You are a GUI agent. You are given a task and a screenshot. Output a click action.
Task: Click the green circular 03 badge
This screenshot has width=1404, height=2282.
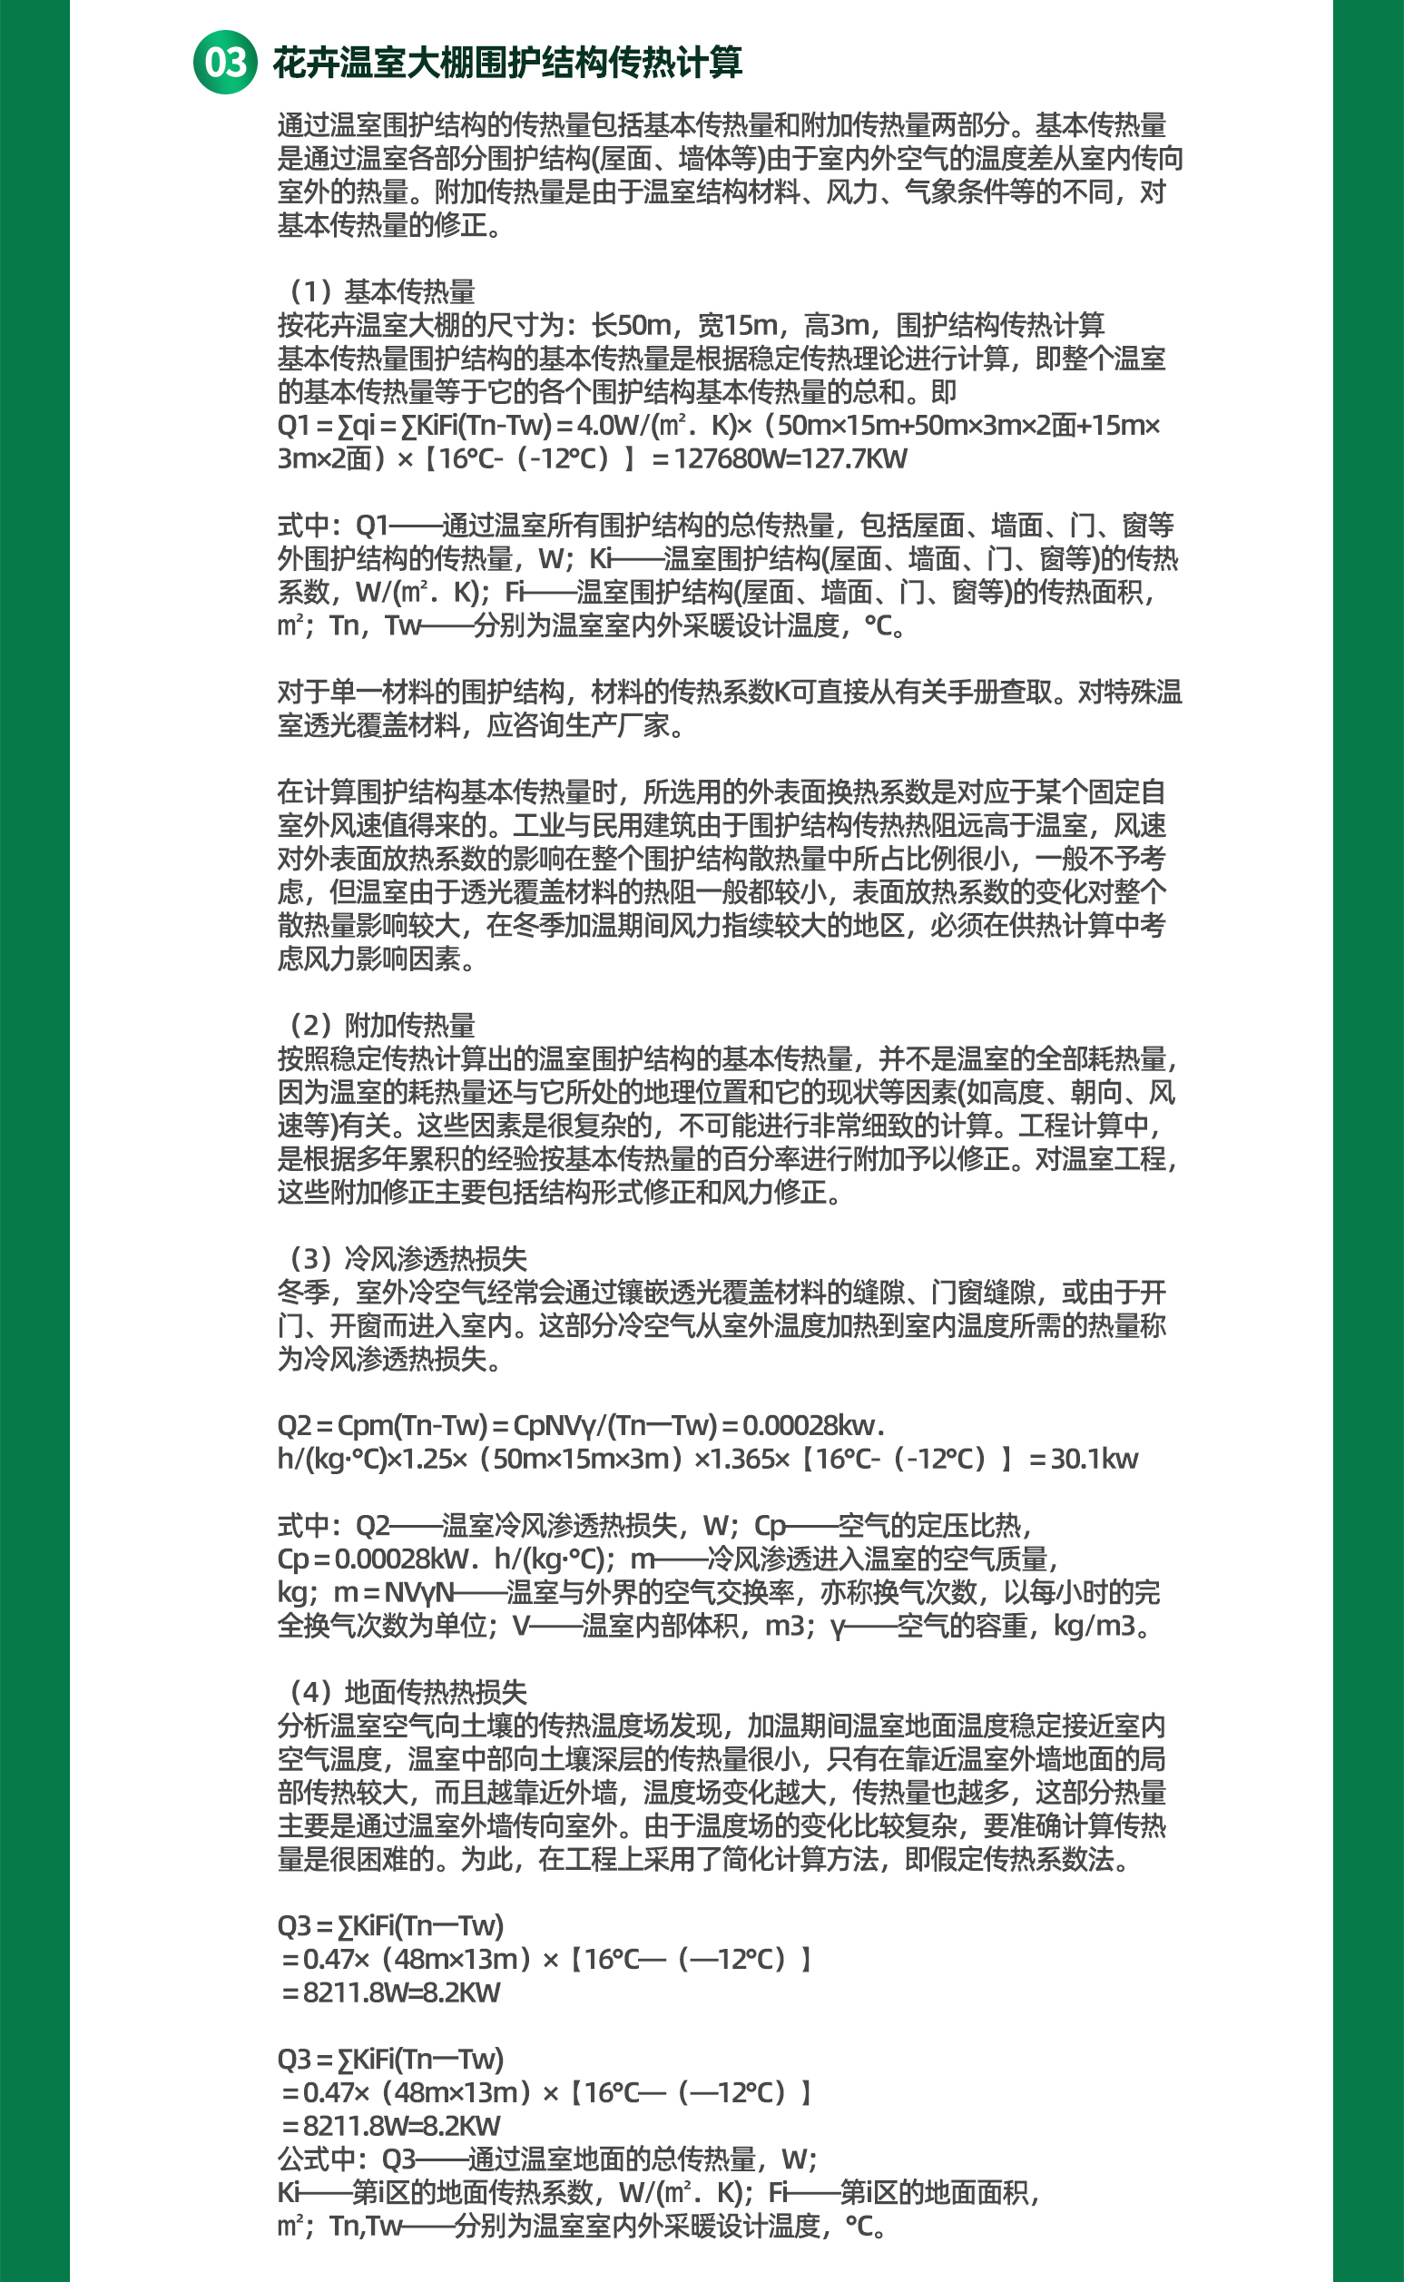(x=225, y=63)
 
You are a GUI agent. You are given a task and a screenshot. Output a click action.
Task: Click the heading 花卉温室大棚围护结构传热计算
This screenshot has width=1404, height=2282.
(x=507, y=64)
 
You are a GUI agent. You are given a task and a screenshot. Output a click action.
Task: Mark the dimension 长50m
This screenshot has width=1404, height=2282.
(x=632, y=325)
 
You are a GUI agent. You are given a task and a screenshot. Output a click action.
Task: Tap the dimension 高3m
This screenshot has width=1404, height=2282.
(x=836, y=325)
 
